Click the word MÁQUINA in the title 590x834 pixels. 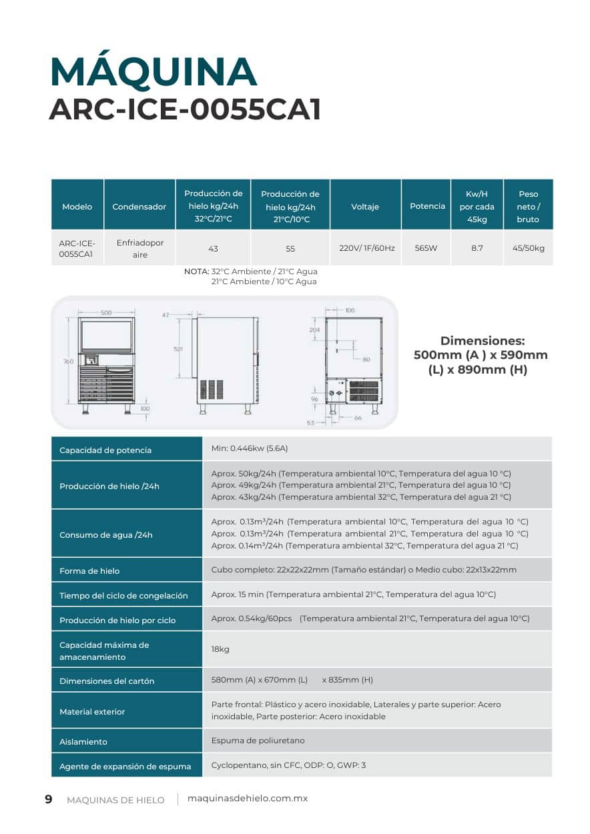pyautogui.click(x=154, y=72)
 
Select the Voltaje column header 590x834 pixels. pyautogui.click(x=365, y=207)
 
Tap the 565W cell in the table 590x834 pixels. pyautogui.click(x=426, y=248)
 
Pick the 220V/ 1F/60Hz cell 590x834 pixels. pyautogui.click(x=367, y=248)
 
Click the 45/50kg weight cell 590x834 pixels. pyautogui.click(x=528, y=248)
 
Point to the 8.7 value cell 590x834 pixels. pyautogui.click(x=477, y=248)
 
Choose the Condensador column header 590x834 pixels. pyautogui.click(x=139, y=207)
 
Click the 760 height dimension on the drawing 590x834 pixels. pyautogui.click(x=68, y=361)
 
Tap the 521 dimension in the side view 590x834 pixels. pyautogui.click(x=178, y=349)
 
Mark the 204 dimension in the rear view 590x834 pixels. pyautogui.click(x=314, y=330)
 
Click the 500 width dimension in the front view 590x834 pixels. pyautogui.click(x=106, y=312)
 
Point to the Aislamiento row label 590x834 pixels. pyautogui.click(x=83, y=742)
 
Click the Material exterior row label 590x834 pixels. pyautogui.click(x=92, y=712)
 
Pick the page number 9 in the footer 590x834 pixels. pyautogui.click(x=48, y=799)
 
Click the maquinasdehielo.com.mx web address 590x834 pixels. pyautogui.click(x=248, y=799)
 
